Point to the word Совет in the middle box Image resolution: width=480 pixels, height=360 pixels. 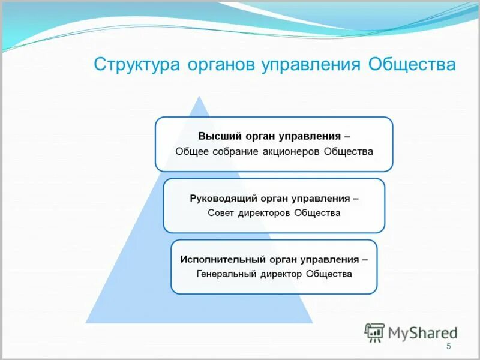click(x=220, y=213)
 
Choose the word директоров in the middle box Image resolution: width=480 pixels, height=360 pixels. click(x=263, y=213)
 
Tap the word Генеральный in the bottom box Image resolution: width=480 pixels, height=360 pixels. click(x=227, y=274)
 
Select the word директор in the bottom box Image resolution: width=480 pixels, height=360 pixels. click(x=281, y=274)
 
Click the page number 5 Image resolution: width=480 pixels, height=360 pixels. click(x=448, y=346)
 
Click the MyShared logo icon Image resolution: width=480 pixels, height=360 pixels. click(x=374, y=332)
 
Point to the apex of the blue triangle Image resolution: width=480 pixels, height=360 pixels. click(x=199, y=96)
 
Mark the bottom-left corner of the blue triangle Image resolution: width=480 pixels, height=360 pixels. click(x=86, y=323)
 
